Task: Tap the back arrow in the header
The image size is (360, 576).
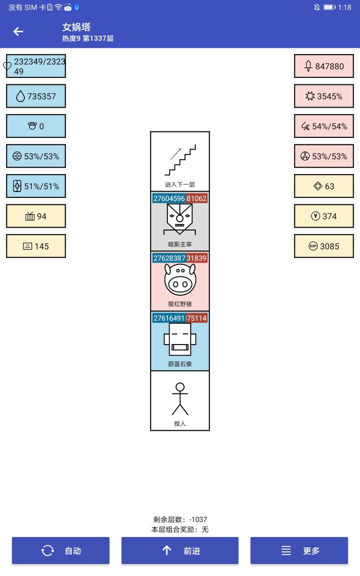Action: pos(18,31)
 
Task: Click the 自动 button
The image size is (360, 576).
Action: pos(60,550)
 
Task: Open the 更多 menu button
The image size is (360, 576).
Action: pos(299,550)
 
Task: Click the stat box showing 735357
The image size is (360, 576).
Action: pos(36,96)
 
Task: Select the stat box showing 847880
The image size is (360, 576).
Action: pos(324,66)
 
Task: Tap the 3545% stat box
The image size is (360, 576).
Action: pos(324,96)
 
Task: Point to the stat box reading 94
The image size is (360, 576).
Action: pos(36,216)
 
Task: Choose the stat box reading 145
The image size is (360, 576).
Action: pos(36,246)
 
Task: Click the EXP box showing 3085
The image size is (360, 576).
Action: pos(324,246)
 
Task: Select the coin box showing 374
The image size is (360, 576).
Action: pos(324,216)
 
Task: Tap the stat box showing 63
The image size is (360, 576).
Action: pos(324,186)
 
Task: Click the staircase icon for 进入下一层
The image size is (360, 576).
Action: pos(180,159)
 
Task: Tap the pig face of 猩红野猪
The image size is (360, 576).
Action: pos(180,280)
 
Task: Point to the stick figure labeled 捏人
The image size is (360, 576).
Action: pos(180,399)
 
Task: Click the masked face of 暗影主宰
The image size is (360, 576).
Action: pos(180,220)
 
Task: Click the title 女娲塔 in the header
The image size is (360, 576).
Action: pos(76,27)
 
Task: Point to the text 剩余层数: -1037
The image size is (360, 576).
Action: pos(180,519)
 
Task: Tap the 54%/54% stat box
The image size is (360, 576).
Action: pos(324,126)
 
